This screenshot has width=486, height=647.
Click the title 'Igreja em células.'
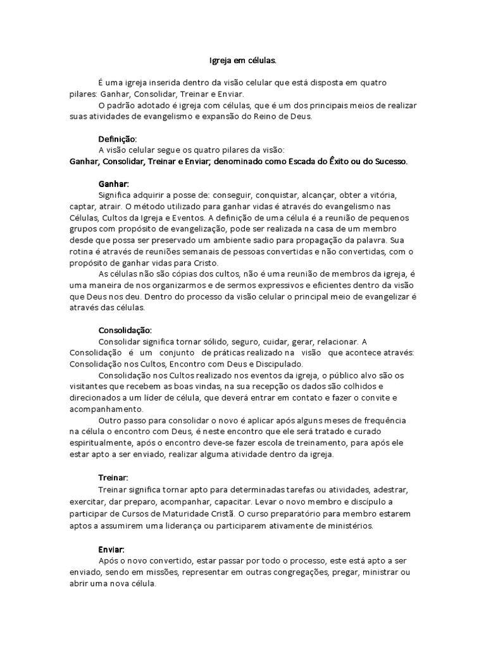[x=243, y=61]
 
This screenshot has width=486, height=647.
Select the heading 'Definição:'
[x=118, y=138]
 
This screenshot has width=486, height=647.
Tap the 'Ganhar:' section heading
[x=114, y=183]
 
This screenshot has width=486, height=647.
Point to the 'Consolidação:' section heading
[x=125, y=330]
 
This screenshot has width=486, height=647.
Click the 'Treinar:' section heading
[x=114, y=478]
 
